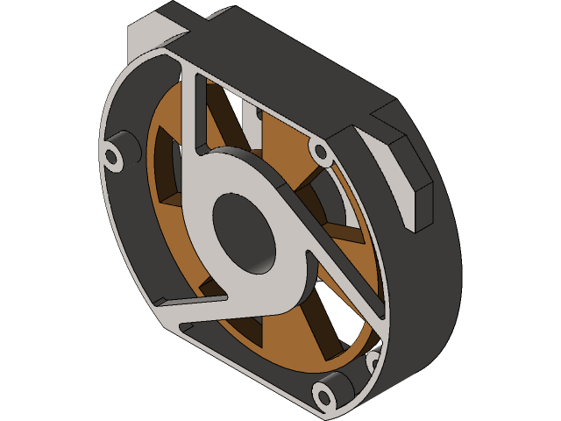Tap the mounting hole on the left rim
[114, 157]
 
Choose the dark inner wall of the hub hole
[263, 254]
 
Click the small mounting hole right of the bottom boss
[372, 360]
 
